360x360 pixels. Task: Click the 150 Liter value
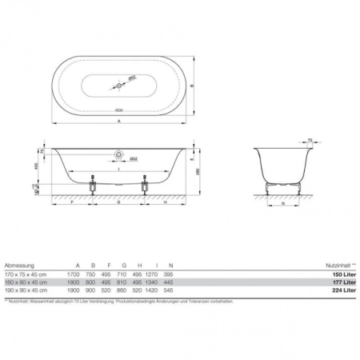coord(342,274)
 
